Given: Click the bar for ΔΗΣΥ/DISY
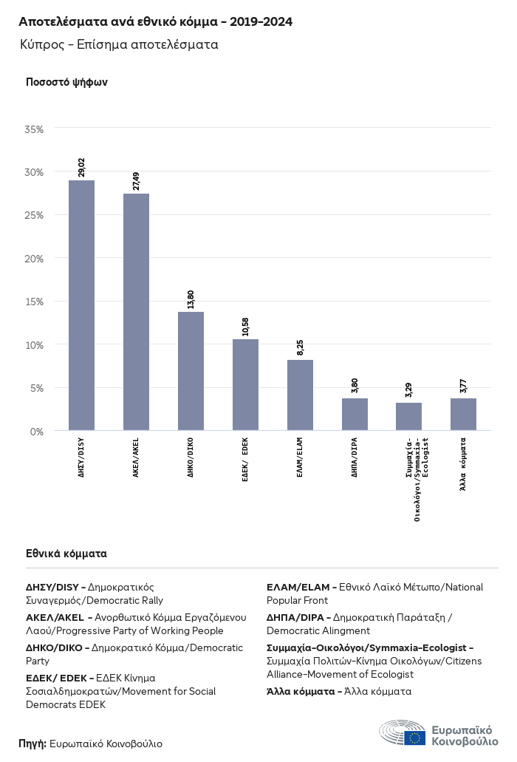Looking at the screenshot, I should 81,305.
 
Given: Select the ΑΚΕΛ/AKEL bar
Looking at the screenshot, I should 136,311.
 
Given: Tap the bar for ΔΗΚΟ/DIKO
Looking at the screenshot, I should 191,370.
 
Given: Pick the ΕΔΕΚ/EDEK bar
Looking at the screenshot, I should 245,384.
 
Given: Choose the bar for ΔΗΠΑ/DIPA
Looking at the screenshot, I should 355,414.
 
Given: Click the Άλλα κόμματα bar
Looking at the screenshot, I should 463,414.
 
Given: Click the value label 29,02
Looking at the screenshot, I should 81,166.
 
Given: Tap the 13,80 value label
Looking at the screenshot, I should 191,299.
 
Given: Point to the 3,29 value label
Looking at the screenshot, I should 408,389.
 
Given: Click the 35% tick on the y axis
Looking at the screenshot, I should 34,129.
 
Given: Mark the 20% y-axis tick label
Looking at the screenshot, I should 34,259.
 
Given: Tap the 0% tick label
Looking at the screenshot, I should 37,431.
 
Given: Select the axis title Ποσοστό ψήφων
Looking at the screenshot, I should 66,82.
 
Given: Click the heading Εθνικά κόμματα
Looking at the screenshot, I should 66,553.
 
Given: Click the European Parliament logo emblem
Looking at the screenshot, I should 403,734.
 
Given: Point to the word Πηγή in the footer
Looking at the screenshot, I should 32,744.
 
